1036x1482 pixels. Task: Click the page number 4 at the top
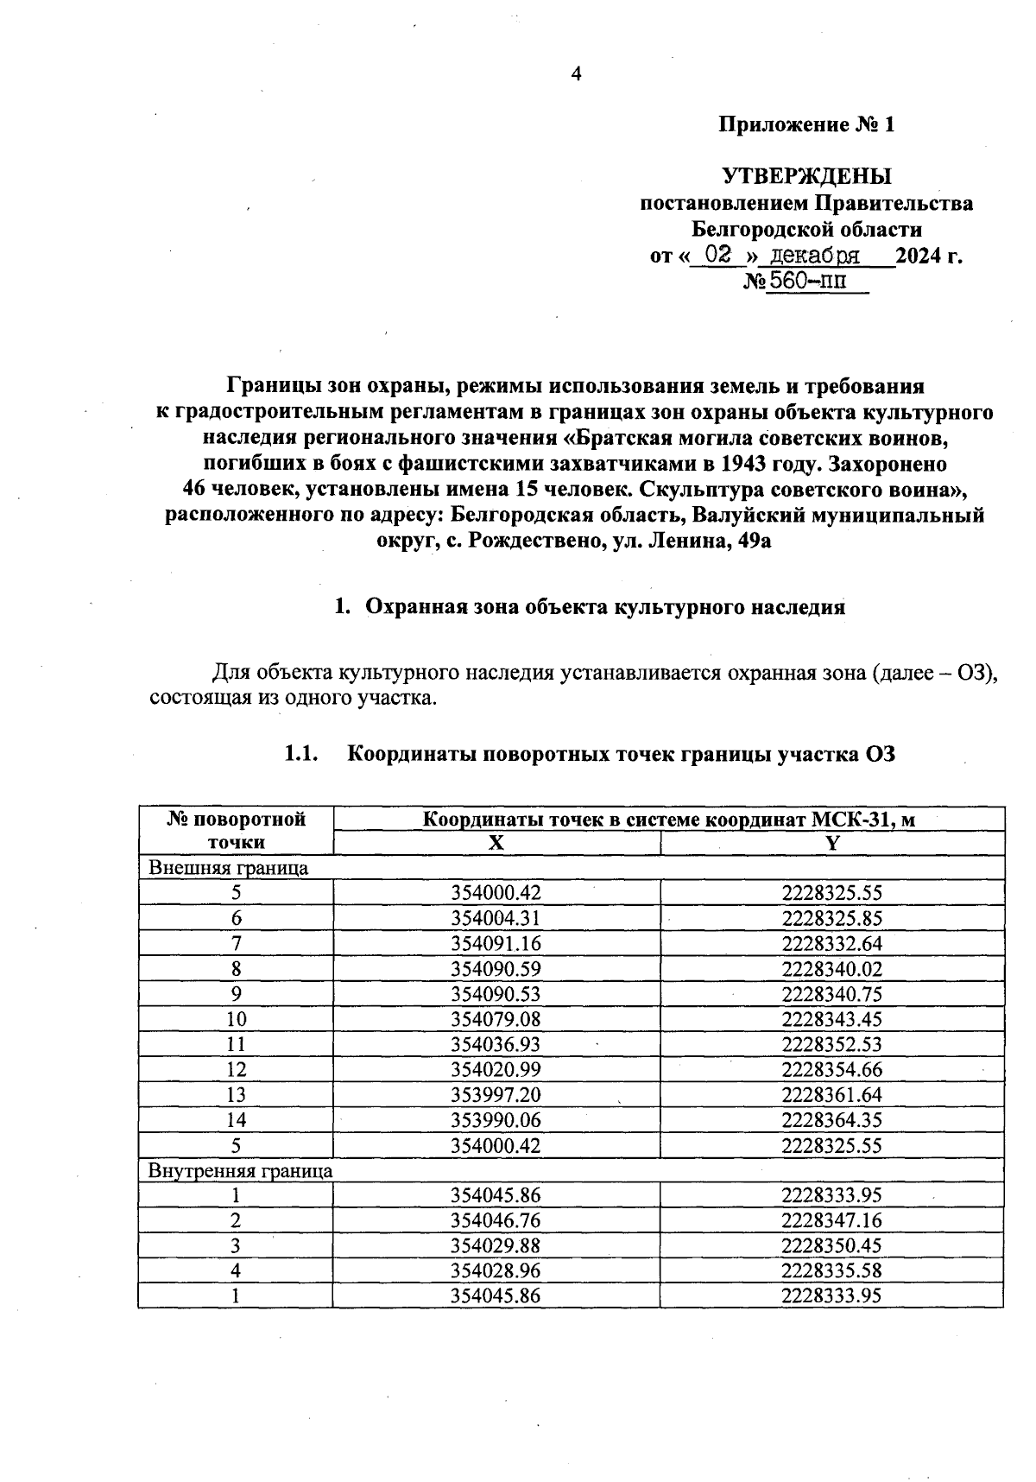point(577,74)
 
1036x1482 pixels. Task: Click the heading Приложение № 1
point(806,125)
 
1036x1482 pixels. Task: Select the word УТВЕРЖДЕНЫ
point(806,177)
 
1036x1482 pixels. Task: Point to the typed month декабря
point(815,256)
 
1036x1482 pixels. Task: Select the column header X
point(496,844)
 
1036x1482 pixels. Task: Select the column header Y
point(831,844)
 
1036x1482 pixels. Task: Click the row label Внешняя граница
point(229,868)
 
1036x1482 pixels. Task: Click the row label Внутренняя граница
point(241,1171)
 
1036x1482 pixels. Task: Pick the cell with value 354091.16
point(496,943)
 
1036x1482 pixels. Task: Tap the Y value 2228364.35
point(831,1120)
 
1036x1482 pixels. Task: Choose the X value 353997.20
point(496,1095)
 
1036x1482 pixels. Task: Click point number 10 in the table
point(236,1019)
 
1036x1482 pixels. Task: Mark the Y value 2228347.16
point(831,1221)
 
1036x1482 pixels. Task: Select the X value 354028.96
point(496,1271)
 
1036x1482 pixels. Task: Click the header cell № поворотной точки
point(236,831)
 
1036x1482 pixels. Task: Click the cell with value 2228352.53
point(831,1045)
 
